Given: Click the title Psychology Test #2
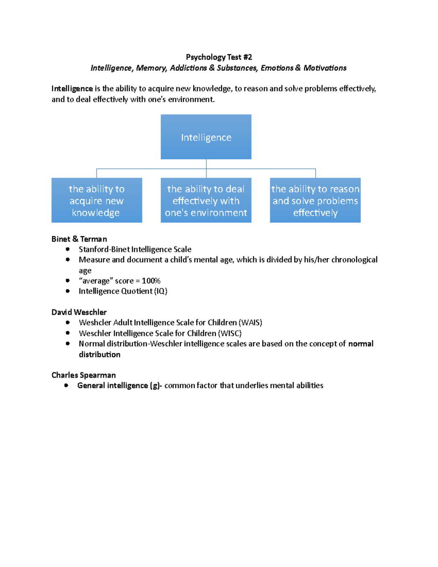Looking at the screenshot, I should point(219,57).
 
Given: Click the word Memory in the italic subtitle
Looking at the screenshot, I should point(151,68).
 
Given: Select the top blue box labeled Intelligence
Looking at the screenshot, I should point(206,137).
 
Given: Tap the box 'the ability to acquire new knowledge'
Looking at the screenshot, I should point(97,200).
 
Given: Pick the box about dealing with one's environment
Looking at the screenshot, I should point(206,200).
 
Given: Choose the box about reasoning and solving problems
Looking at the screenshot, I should point(315,200).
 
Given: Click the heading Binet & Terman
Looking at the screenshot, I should point(79,239).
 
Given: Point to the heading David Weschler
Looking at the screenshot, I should point(79,312).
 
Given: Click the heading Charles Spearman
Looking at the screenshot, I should point(84,375).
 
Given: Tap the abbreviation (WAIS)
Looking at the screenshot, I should point(250,323).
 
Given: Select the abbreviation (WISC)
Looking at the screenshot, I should point(230,333).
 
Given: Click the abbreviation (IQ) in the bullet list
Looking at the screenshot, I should point(161,291).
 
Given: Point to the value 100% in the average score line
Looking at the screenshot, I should point(151,281).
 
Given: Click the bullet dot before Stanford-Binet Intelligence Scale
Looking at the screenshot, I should point(68,249).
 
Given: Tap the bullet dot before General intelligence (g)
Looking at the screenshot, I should point(66,386).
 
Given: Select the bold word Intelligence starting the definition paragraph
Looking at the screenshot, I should point(72,89).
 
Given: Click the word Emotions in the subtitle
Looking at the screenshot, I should point(277,68).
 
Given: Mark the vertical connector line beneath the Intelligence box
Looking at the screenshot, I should point(206,164).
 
